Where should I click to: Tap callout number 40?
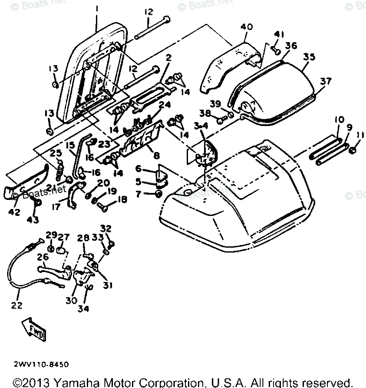point(247,27)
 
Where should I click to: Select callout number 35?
point(309,56)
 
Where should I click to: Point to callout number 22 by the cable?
point(17,305)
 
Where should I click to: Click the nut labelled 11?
point(353,150)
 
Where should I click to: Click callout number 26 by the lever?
point(42,257)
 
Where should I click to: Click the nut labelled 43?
point(37,203)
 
